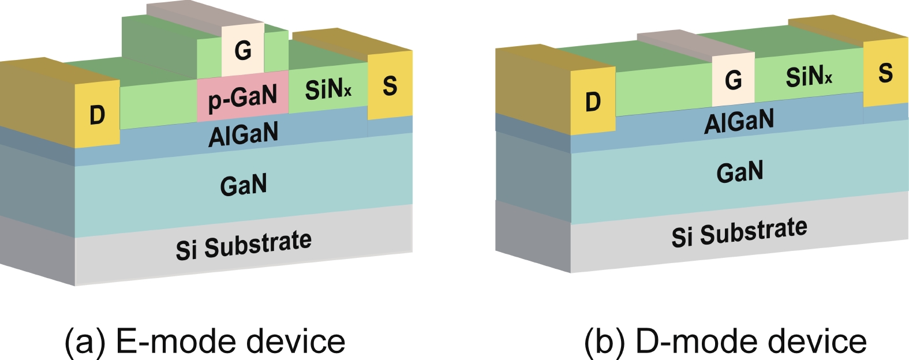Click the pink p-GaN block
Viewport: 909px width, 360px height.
[x=242, y=96]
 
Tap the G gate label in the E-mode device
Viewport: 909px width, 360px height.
[x=243, y=51]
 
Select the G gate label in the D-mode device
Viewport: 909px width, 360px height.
[x=733, y=79]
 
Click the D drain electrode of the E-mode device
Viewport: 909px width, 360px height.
[x=97, y=114]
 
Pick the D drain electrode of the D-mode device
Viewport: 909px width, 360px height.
[x=593, y=102]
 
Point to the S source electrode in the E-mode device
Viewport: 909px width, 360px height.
[x=390, y=85]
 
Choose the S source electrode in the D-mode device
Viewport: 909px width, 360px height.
[x=885, y=73]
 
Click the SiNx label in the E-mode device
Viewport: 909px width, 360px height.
[x=328, y=89]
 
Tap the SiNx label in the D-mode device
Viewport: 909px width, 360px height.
[x=809, y=76]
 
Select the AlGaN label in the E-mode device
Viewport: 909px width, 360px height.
[x=243, y=134]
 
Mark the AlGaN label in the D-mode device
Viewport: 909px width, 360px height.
[x=739, y=121]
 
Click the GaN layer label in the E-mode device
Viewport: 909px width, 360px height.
[x=244, y=185]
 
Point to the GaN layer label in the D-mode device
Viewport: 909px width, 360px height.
[x=739, y=172]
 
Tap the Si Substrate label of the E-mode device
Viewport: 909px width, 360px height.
[x=244, y=245]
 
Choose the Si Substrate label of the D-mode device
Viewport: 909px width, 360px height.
[x=739, y=232]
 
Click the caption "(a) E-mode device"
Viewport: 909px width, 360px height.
[x=205, y=341]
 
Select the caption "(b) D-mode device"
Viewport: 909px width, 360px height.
[x=725, y=341]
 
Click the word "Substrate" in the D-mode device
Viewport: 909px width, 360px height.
[x=754, y=231]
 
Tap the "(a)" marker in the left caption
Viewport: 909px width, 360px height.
[x=85, y=341]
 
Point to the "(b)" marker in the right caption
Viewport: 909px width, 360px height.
[x=604, y=341]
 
